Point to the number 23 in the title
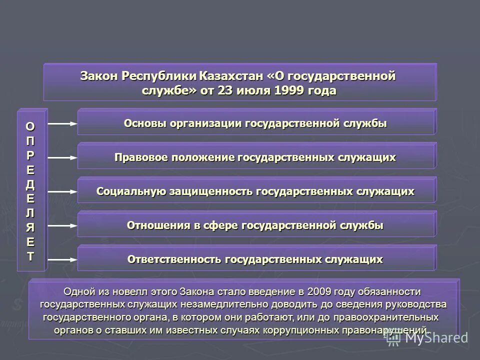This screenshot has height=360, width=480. tap(224, 91)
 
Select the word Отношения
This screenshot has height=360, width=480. tap(158, 225)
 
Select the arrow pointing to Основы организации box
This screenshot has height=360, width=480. tap(62, 123)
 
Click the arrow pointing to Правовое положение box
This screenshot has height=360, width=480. tap(62, 157)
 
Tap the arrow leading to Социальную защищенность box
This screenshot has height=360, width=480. tap(62, 191)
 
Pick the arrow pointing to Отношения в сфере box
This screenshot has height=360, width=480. tap(62, 225)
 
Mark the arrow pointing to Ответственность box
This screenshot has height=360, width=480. tap(62, 259)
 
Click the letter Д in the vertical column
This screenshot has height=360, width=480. tap(31, 184)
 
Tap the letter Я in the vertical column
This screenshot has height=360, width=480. tap(31, 227)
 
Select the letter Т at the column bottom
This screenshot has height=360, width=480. tap(31, 256)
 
